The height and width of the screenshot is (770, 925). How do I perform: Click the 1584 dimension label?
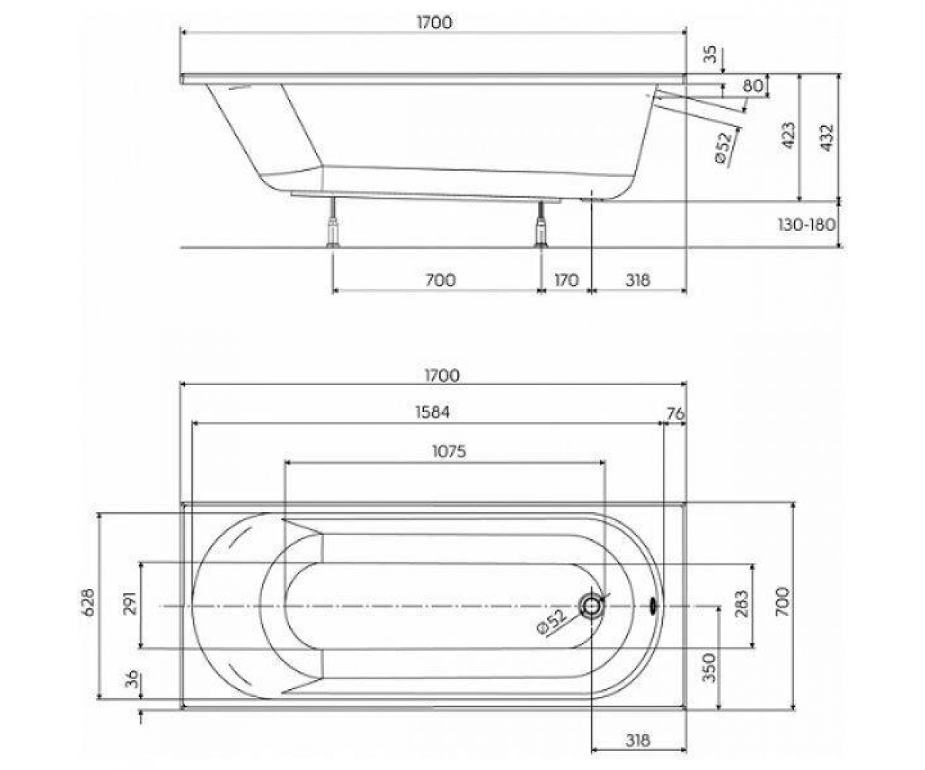[x=432, y=412]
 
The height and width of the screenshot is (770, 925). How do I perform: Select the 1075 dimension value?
[x=449, y=451]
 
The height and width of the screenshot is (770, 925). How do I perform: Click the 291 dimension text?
[x=132, y=603]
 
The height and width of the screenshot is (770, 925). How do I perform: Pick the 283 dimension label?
[x=741, y=604]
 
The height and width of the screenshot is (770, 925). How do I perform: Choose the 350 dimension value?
[x=709, y=668]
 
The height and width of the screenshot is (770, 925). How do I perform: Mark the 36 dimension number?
[x=131, y=679]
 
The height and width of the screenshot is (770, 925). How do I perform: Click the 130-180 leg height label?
[x=807, y=225]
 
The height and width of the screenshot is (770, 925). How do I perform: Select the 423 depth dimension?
[x=789, y=136]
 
